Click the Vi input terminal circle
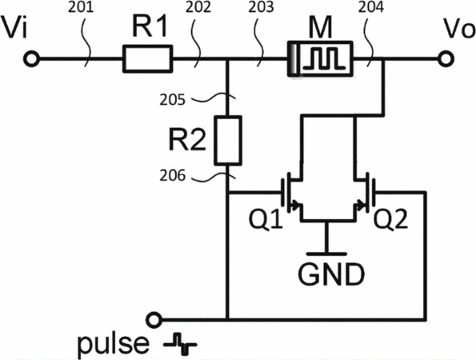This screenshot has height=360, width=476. point(31,58)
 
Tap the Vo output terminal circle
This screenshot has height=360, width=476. point(446,58)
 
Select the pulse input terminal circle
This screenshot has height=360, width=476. point(154,320)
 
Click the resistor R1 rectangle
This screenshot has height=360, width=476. point(147,59)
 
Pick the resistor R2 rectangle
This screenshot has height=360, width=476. point(228,140)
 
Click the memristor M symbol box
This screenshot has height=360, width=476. point(320,59)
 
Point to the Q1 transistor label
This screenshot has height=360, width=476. point(266,219)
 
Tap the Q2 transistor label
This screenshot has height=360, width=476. point(390,219)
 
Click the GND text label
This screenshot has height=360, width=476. point(331,274)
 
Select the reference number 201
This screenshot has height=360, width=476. point(81,7)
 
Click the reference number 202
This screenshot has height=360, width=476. point(198,7)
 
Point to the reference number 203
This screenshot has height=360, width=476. point(261,7)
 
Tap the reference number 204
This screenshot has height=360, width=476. point(370,7)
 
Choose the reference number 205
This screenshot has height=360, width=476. point(172,99)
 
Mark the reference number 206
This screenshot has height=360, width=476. point(172,175)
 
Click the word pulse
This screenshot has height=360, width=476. point(114,345)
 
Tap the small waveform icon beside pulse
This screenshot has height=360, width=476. point(180,344)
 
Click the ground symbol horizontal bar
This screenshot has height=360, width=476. point(326,254)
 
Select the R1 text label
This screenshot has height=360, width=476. point(150,26)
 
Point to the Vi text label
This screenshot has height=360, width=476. point(14,28)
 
